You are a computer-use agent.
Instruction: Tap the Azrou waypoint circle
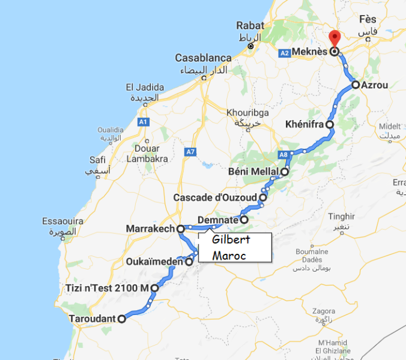(356, 85)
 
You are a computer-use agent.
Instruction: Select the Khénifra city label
(304, 125)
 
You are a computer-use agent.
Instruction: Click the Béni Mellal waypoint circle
(285, 172)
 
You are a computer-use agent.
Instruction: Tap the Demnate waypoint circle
(244, 220)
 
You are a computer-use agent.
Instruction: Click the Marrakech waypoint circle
(180, 229)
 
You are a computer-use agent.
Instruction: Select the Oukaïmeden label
(155, 262)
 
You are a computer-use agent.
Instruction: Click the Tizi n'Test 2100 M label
(107, 289)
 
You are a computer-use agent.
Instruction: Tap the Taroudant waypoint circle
(122, 319)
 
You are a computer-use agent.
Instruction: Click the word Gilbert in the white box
(232, 240)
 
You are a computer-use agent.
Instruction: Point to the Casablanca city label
(203, 58)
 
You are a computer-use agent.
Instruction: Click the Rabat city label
(250, 25)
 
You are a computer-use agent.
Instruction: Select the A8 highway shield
(283, 155)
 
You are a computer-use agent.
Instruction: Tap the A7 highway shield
(190, 152)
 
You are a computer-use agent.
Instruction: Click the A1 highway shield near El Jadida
(143, 122)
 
